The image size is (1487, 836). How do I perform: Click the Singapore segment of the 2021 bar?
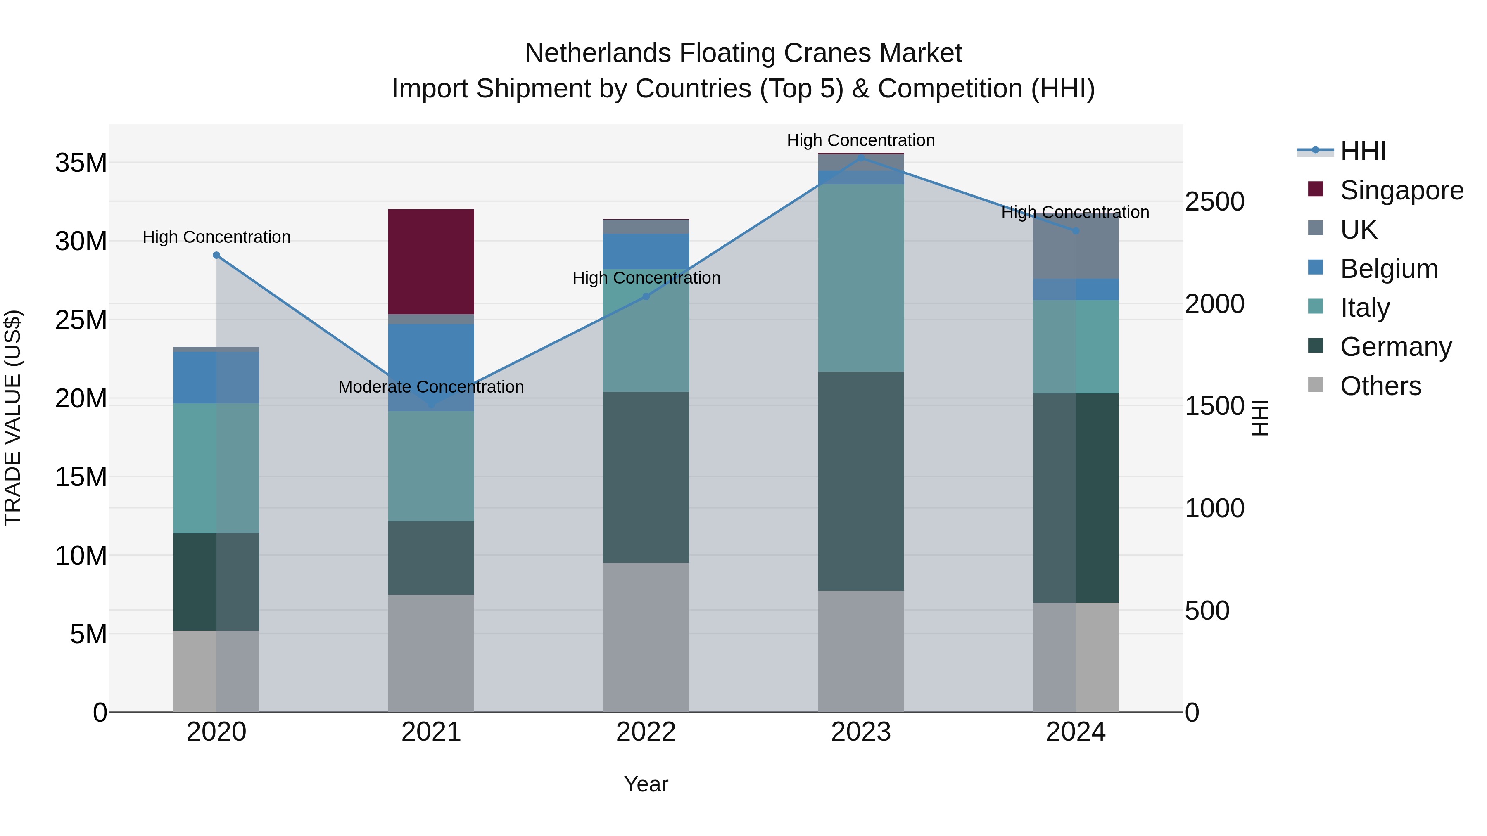(x=431, y=261)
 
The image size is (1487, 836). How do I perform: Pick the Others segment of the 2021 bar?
(x=431, y=653)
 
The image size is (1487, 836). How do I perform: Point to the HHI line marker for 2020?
(x=216, y=255)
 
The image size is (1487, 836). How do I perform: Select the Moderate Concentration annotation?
(x=431, y=386)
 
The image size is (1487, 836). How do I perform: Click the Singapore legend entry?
(x=1401, y=190)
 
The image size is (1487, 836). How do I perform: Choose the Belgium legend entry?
(x=1388, y=269)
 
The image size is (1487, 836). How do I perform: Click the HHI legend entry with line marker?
(x=1362, y=151)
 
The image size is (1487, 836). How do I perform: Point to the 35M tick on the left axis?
(x=81, y=163)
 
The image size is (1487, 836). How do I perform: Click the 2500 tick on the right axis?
(x=1214, y=201)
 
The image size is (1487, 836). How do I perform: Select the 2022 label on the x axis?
(x=646, y=732)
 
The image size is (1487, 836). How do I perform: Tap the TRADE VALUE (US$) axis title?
(x=13, y=418)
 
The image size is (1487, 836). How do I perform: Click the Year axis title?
(x=646, y=784)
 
